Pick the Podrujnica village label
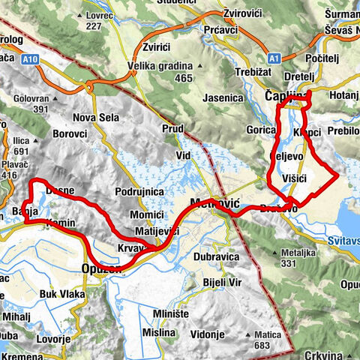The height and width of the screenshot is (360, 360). click(139, 192)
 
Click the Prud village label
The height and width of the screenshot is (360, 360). click(172, 129)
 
